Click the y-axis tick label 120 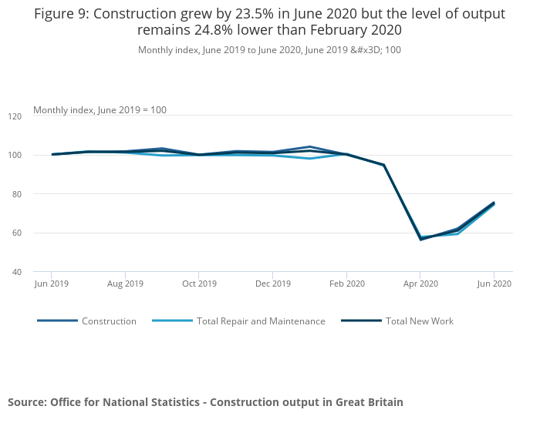pos(37,116)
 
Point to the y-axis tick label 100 pos(37,155)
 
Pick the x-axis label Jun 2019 pos(52,284)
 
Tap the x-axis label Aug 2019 pos(125,284)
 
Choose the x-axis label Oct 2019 pos(199,284)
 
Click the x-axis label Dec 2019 pos(272,284)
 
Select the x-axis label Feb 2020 pos(346,284)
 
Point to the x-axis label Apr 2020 pos(420,284)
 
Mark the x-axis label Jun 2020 pos(494,284)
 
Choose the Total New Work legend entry pos(420,321)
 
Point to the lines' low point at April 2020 pos(420,239)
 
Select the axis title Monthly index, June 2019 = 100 pos(100,110)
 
